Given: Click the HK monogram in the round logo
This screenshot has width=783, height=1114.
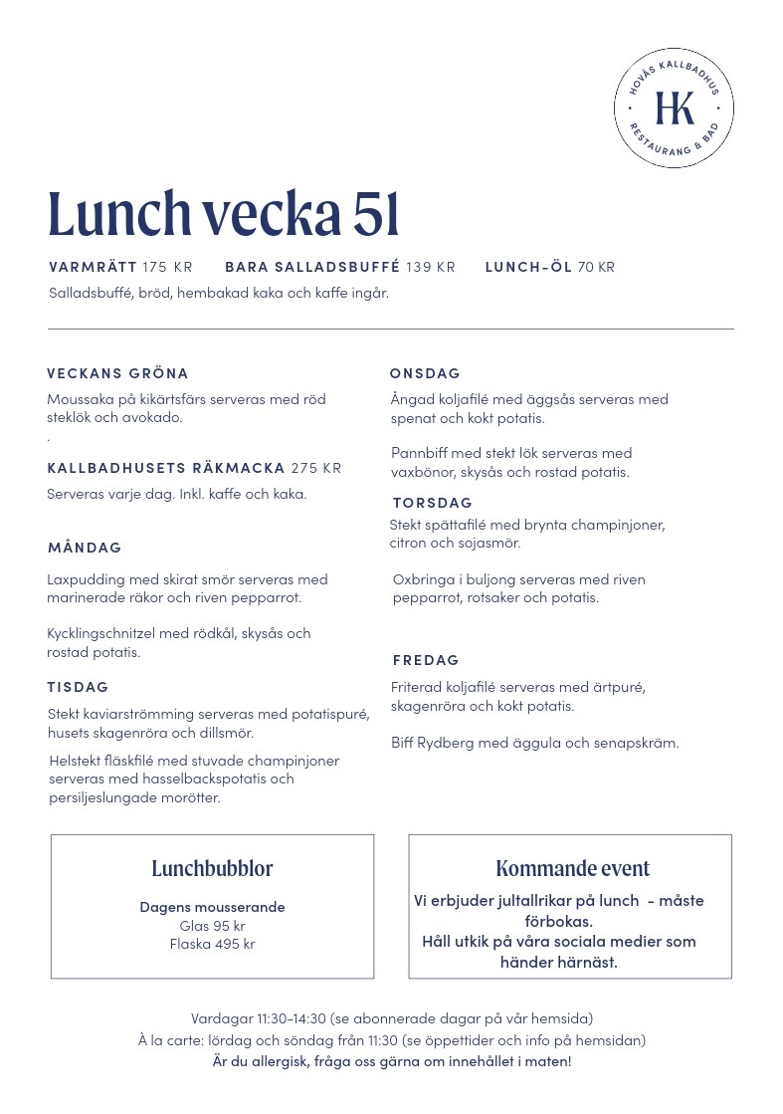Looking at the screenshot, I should click(x=674, y=108).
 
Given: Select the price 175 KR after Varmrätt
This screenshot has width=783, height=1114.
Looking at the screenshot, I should click(x=167, y=267).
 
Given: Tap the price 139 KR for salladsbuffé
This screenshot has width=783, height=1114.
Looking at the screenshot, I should click(x=431, y=267).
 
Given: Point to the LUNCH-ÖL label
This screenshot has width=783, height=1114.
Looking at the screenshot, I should click(x=528, y=267).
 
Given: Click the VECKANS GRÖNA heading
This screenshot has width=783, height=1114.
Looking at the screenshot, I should click(x=117, y=373).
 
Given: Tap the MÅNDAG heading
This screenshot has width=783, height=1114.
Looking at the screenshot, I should click(x=85, y=548).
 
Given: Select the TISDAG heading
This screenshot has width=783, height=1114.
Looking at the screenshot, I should click(x=78, y=687).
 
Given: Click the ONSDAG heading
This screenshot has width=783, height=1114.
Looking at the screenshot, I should click(x=425, y=373).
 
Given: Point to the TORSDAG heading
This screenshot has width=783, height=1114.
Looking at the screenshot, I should click(x=432, y=503).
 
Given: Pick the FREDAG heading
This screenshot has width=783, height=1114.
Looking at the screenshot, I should click(x=426, y=660).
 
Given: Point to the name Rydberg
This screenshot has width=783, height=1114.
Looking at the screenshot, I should click(x=448, y=743).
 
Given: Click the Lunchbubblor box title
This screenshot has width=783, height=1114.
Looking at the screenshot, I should click(x=212, y=868).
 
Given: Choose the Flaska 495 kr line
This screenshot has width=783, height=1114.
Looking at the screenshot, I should click(x=212, y=944).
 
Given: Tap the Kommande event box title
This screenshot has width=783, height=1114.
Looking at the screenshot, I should click(x=572, y=868).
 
